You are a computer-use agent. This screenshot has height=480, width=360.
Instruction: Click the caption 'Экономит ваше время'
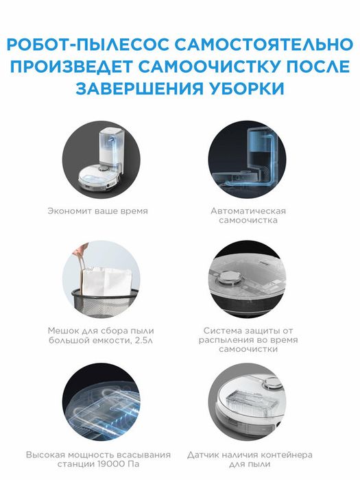click(97, 211)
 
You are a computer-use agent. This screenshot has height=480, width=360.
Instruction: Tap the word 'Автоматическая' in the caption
click(248, 211)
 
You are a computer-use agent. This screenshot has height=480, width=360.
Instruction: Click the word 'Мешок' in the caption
click(63, 330)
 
